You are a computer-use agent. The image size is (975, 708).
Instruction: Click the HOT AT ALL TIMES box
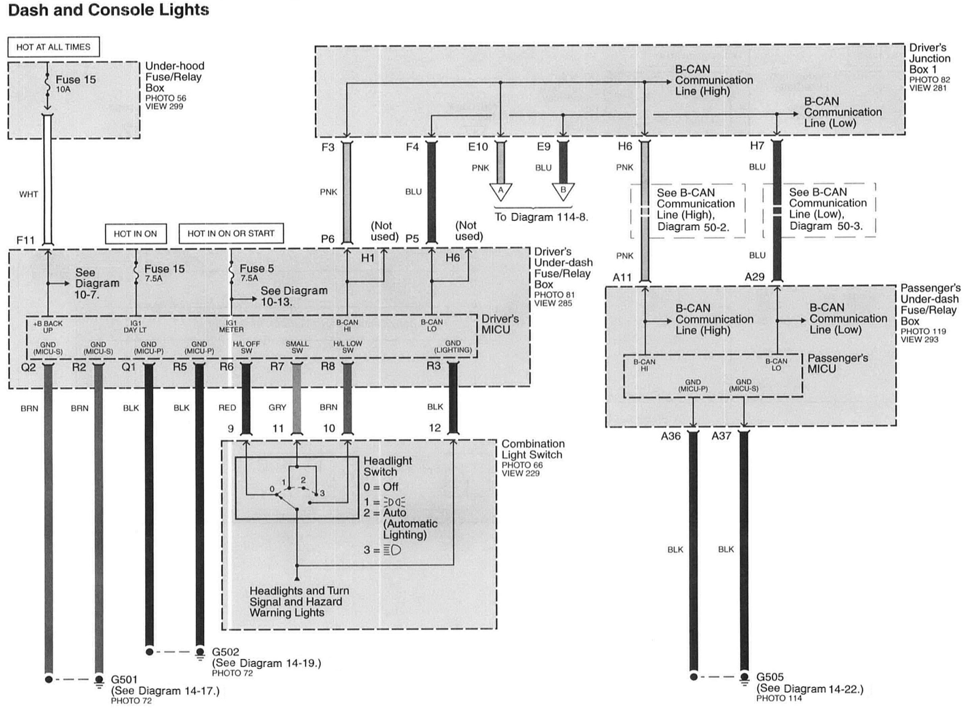[53, 47]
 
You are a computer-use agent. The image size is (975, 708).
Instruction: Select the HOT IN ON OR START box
[231, 233]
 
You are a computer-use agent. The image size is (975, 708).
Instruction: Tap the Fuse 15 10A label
[75, 83]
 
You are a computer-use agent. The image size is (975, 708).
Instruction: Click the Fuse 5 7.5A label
[256, 272]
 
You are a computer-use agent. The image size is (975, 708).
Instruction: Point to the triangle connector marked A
[500, 191]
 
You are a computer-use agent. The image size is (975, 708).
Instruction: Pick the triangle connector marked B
[563, 191]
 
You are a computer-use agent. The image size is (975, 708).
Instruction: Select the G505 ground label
[770, 677]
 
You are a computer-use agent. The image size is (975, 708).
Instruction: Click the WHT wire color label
[28, 194]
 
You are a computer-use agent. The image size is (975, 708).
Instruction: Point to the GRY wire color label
[277, 407]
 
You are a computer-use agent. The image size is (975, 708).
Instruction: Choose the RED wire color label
[227, 407]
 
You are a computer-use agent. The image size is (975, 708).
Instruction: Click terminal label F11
[26, 240]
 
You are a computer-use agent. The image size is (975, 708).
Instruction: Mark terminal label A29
[754, 277]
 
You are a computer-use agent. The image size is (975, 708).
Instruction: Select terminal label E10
[478, 147]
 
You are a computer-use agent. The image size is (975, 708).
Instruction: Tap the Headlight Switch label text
[387, 466]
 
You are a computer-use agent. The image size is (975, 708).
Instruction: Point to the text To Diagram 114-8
[541, 217]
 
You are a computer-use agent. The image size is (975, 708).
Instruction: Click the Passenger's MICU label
[837, 363]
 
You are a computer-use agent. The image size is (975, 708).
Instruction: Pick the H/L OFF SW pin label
[246, 347]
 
